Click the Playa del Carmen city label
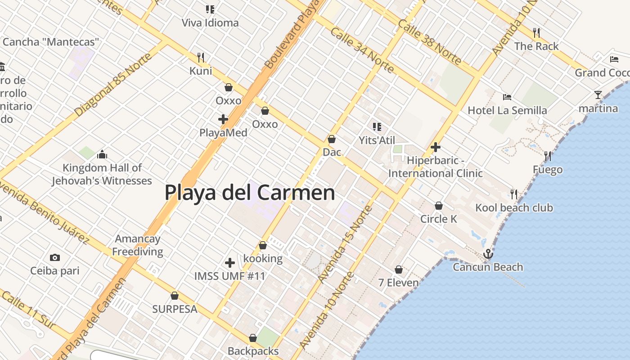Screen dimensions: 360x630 (x=250, y=193)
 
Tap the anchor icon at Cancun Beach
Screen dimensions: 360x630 (x=488, y=254)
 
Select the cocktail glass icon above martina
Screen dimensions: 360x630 (x=598, y=95)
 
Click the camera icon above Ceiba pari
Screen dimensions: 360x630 (x=55, y=257)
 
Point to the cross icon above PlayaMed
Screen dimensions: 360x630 (x=223, y=119)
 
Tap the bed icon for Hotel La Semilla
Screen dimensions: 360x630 (x=507, y=97)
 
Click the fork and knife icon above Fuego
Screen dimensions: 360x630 (x=548, y=156)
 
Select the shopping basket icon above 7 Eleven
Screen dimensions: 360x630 (x=399, y=270)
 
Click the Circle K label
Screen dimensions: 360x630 (x=439, y=219)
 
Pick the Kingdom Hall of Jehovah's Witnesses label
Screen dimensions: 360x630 (x=102, y=174)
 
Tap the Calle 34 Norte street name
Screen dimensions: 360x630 (x=362, y=50)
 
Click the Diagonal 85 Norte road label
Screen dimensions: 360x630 (x=107, y=84)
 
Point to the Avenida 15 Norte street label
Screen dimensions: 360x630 (x=345, y=244)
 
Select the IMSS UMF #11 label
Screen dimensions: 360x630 (x=229, y=276)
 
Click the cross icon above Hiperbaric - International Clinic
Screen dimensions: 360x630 (x=435, y=147)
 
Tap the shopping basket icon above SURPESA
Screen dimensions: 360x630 (x=175, y=296)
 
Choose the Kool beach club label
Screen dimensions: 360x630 (x=514, y=208)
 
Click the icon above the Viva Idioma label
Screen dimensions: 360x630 (x=210, y=9)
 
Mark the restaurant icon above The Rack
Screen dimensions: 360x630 (x=536, y=32)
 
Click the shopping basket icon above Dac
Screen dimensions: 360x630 (x=332, y=139)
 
